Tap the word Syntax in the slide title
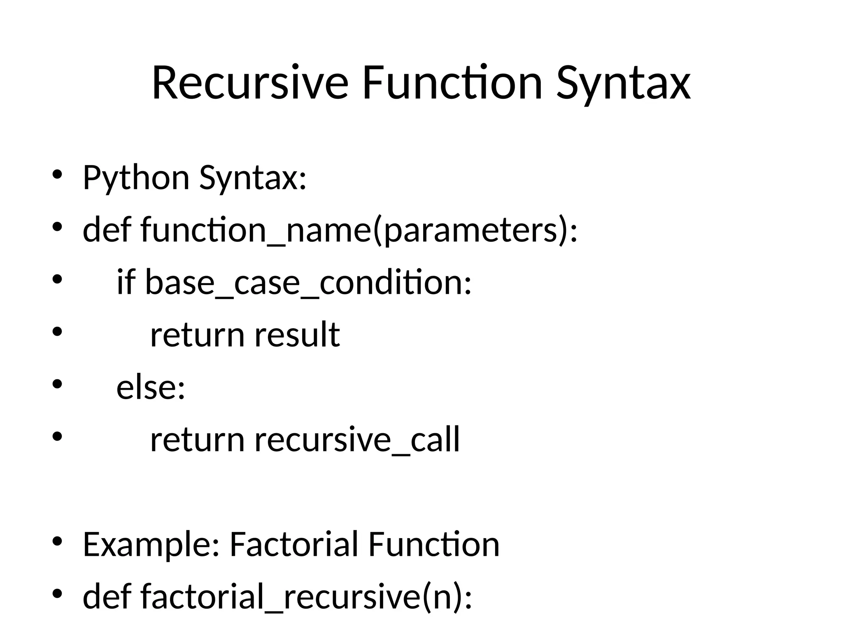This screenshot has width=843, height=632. [623, 83]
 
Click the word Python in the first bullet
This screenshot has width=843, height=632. [136, 178]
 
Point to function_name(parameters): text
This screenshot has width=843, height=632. [359, 230]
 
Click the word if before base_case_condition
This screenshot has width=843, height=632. [126, 282]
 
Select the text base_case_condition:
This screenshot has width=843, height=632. [308, 282]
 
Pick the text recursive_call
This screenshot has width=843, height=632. [357, 439]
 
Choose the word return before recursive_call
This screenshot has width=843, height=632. [197, 439]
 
